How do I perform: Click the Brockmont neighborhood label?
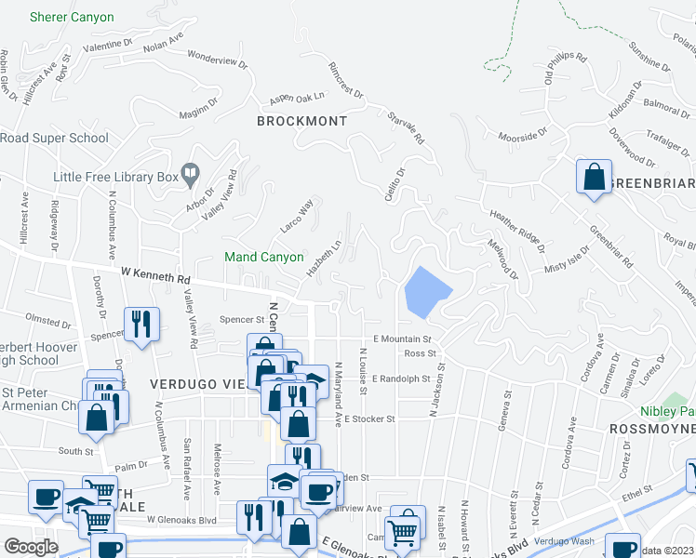point(302,122)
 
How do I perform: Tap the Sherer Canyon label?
point(72,18)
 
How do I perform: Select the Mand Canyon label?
point(263,257)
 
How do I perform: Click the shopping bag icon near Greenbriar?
point(593,177)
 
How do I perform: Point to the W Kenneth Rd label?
point(155,276)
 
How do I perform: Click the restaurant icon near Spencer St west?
point(141,325)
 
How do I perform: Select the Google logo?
point(31,546)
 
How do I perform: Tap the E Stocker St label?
point(369,419)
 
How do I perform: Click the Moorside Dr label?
point(519,137)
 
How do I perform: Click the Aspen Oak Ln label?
point(296,97)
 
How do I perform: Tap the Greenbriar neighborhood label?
point(651,184)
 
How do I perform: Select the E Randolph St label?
point(401,379)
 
